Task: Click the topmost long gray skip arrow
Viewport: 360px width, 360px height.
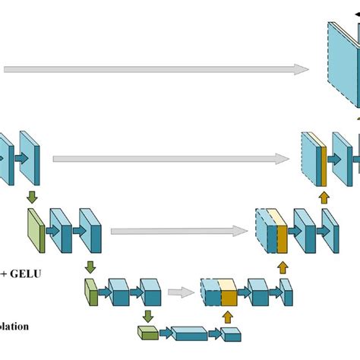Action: pyautogui.click(x=152, y=69)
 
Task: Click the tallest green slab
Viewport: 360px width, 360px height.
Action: pyautogui.click(x=35, y=229)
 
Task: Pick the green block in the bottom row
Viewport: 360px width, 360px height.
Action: pyautogui.click(x=147, y=332)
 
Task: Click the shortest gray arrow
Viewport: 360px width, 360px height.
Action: pyautogui.click(x=180, y=291)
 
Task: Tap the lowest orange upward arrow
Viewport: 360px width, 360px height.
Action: pyautogui.click(x=226, y=316)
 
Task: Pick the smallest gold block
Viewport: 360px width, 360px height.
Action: pyautogui.click(x=228, y=292)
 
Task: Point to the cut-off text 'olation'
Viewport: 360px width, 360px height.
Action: pyautogui.click(x=15, y=327)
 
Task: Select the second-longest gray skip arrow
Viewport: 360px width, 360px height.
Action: pyautogui.click(x=170, y=159)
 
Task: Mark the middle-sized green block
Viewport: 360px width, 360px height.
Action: pyautogui.click(x=91, y=292)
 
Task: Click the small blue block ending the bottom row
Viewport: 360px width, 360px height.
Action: pyautogui.click(x=232, y=333)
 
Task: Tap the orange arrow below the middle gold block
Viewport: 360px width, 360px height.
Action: pyautogui.click(x=283, y=267)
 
